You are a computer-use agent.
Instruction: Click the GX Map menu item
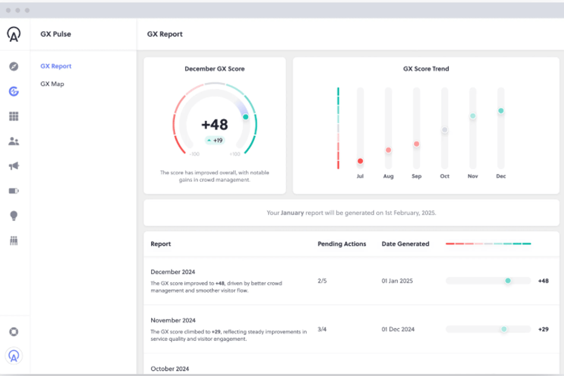point(52,84)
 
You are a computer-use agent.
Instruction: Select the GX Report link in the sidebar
point(56,66)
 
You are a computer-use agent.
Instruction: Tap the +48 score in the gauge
point(214,125)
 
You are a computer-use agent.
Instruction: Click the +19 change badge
point(215,140)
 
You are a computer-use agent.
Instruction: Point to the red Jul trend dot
point(360,161)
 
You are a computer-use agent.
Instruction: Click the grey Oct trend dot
point(445,130)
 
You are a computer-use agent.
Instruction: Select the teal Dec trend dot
point(501,111)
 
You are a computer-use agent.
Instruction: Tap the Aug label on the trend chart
point(388,176)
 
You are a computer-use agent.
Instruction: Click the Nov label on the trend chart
point(473,176)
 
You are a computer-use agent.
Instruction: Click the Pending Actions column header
point(342,244)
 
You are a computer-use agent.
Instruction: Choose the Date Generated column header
point(405,244)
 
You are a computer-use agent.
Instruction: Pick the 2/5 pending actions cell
point(322,281)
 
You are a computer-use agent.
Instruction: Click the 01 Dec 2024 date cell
point(398,329)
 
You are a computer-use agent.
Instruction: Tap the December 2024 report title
point(173,272)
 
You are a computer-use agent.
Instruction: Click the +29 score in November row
point(543,329)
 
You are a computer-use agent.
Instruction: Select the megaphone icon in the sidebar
point(14,166)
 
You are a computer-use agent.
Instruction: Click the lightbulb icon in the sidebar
point(14,216)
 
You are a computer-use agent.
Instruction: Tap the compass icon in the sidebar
point(14,66)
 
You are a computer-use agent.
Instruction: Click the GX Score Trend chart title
point(426,69)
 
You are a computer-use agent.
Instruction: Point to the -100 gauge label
point(194,154)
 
